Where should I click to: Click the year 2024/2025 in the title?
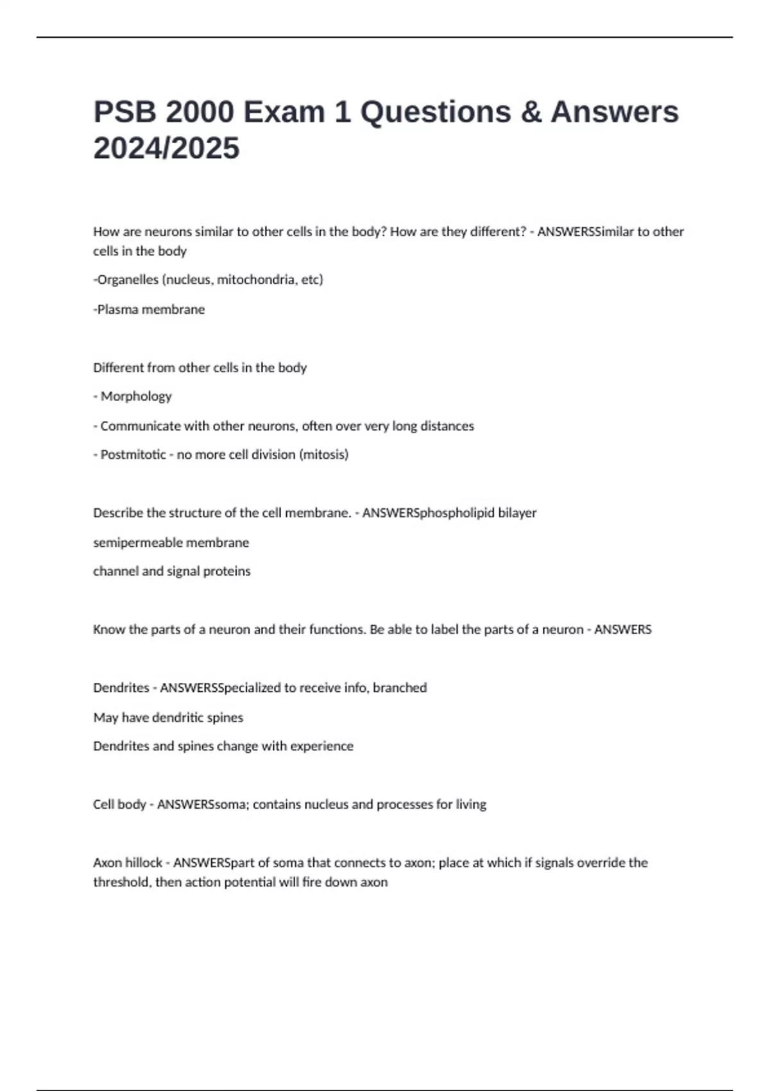[x=166, y=148]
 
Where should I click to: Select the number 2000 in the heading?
[x=200, y=112]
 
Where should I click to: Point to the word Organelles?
[x=128, y=280]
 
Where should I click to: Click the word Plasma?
[x=117, y=309]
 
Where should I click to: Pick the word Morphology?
[x=136, y=397]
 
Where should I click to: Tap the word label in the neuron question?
[x=444, y=630]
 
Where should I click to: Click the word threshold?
[x=121, y=882]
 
